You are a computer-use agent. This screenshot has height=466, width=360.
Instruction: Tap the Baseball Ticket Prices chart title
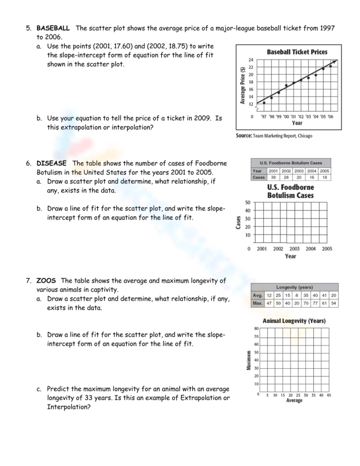[x=297, y=52]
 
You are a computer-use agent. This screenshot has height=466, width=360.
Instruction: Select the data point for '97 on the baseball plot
[x=264, y=102]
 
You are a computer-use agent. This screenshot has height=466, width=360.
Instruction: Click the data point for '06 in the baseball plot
[x=331, y=66]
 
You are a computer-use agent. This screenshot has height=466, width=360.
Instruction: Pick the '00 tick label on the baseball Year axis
[x=286, y=116]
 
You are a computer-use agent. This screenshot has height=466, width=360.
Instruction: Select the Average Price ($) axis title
[x=242, y=85]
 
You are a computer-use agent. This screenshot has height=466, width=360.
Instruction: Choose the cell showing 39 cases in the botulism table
[x=273, y=177]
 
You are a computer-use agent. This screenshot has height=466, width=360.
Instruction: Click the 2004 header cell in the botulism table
[x=312, y=171]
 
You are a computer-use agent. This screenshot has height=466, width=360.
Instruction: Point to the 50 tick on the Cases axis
[x=248, y=202]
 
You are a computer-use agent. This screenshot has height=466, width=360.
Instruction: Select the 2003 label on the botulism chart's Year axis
[x=295, y=248]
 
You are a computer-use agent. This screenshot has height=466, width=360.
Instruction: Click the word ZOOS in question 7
[x=46, y=281]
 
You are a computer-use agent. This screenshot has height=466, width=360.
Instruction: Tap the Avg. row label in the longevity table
[x=258, y=295]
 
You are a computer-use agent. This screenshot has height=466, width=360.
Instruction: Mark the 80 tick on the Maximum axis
[x=256, y=328]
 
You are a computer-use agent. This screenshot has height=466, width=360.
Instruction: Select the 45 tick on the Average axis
[x=329, y=395]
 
